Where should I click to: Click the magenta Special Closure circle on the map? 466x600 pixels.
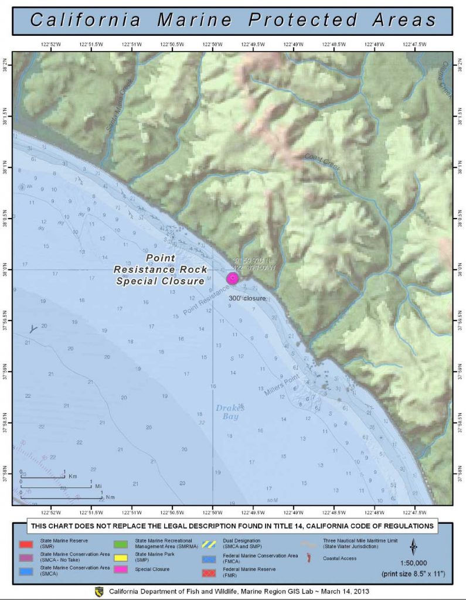point(232,278)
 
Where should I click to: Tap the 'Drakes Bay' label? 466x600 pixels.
point(229,412)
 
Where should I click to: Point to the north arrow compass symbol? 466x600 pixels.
point(414,547)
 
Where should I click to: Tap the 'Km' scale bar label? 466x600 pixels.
point(73,476)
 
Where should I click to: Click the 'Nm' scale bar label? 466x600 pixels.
point(110,496)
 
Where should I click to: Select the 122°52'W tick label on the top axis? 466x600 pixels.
point(51,45)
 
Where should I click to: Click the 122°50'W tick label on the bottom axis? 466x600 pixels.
point(212,512)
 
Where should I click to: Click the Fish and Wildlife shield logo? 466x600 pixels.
point(99,592)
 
